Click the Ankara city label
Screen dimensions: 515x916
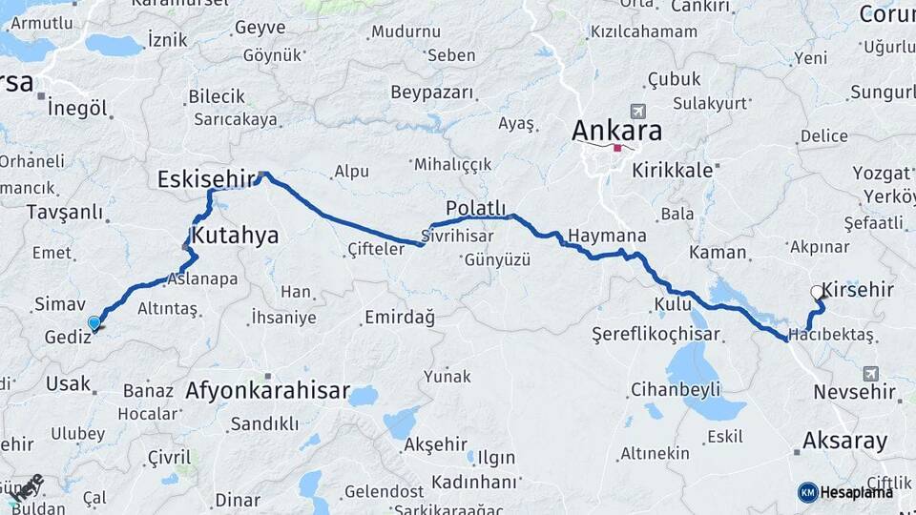pos(616,131)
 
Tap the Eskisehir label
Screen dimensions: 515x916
pos(206,178)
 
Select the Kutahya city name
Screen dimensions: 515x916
pos(235,235)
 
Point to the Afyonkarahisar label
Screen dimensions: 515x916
pos(268,391)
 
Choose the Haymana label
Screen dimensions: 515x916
pos(607,236)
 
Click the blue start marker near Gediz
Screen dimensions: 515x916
pos(94,323)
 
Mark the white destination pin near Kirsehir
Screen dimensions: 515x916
pos(817,293)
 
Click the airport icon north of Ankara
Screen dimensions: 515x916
pos(637,112)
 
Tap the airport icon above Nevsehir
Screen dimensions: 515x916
pos(871,373)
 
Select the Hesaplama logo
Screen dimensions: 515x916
pos(845,492)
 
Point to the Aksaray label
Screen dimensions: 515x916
pos(844,441)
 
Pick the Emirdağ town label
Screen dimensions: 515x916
pos(399,319)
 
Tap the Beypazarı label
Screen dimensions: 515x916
pos(431,93)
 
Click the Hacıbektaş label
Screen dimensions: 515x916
pos(831,335)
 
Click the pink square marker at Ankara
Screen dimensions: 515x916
pos(618,148)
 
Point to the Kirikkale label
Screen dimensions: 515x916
pos(680,170)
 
